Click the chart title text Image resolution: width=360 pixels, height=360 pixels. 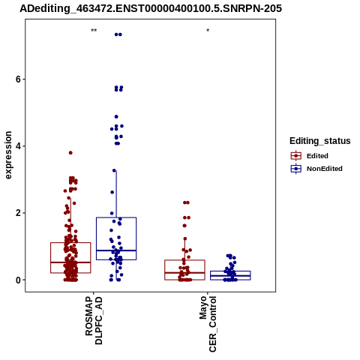151,8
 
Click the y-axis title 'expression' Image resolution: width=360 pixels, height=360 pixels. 8,155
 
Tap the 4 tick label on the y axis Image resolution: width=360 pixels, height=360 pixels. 18,146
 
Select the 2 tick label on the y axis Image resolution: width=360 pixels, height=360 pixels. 18,213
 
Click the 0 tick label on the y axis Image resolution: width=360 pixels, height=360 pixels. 18,280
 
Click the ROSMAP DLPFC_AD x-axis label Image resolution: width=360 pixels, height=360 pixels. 94,320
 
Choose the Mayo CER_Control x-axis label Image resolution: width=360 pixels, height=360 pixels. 208,324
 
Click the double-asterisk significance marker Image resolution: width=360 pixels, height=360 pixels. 94,31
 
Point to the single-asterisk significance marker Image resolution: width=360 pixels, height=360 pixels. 208,31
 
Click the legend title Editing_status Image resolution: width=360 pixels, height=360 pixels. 320,141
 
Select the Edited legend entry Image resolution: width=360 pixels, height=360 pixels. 310,156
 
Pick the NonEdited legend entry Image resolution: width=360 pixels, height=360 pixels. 316,169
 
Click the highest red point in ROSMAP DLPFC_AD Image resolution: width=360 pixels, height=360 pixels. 70,153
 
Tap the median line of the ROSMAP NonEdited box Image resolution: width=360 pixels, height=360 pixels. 116,250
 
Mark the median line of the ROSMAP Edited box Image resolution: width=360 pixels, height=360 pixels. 70,262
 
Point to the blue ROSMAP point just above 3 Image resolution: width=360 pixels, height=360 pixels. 114,170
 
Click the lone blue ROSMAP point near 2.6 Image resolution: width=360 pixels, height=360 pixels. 112,192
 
